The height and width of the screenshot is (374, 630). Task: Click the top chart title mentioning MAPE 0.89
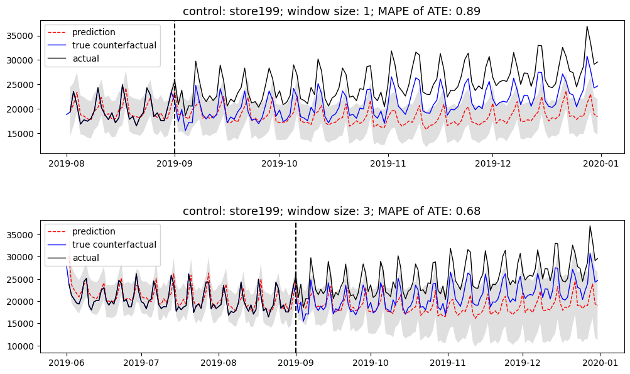point(332,11)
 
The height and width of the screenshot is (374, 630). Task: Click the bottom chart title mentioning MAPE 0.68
point(332,211)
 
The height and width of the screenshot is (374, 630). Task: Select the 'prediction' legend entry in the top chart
point(94,32)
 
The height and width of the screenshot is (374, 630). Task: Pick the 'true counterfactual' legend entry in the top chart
point(114,45)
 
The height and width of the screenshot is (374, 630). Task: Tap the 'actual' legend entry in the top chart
point(85,58)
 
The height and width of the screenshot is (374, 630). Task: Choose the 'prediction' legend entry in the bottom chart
point(94,231)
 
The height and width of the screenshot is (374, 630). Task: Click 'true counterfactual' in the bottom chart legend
point(114,245)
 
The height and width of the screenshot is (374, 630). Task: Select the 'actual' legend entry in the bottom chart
point(85,258)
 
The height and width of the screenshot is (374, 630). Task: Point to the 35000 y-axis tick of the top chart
point(23,36)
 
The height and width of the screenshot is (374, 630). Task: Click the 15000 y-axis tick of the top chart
point(23,133)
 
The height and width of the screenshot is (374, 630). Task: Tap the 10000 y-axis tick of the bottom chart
point(23,346)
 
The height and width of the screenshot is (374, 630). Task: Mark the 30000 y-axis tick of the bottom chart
point(23,257)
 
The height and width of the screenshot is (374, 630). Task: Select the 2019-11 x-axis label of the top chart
point(388,163)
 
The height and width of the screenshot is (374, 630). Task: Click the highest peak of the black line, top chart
point(587,26)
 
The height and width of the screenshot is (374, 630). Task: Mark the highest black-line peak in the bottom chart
point(590,226)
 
